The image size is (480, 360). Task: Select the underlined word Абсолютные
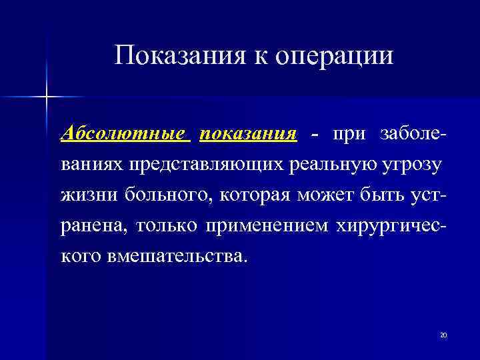click(x=125, y=133)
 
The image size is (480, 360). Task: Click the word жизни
click(x=83, y=195)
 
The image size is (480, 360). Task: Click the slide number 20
click(x=443, y=334)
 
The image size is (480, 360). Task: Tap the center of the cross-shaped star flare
click(x=47, y=97)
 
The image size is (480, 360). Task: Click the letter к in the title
click(x=260, y=56)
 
